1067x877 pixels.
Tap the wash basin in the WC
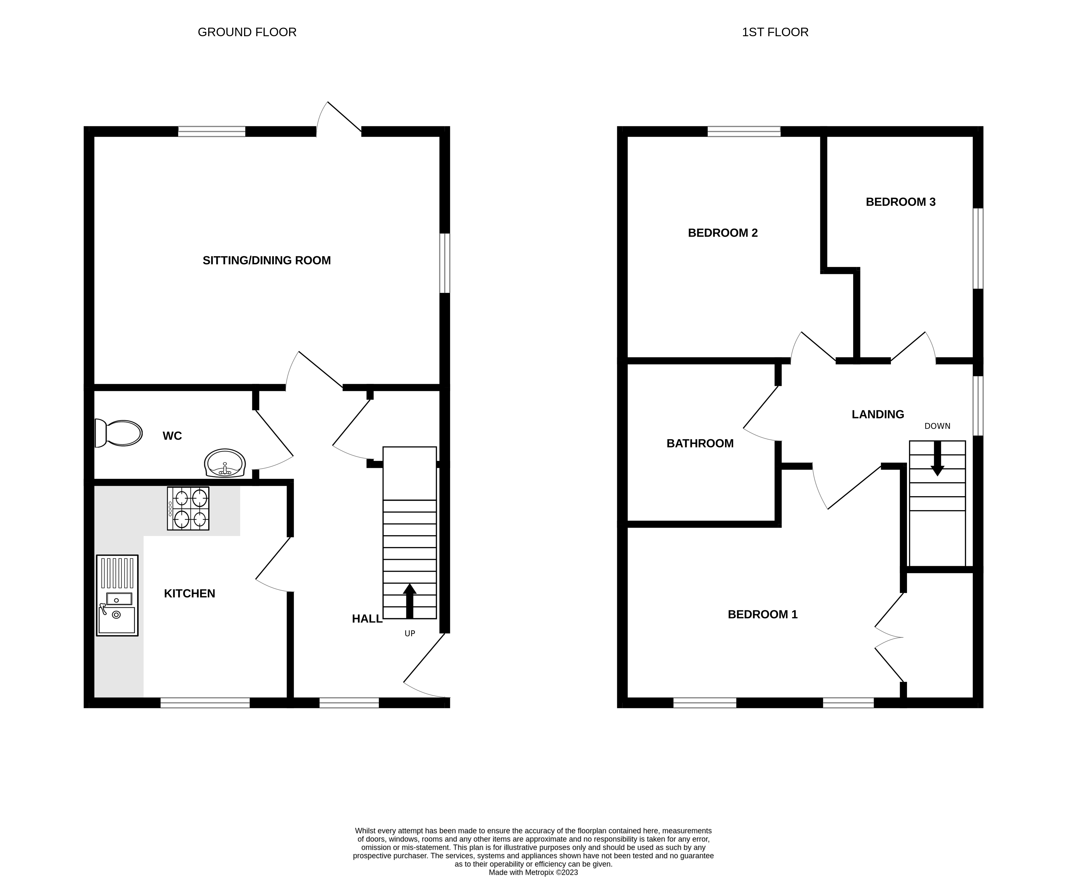[225, 463]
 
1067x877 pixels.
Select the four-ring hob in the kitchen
[188, 508]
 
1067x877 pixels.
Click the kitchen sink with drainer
[117, 595]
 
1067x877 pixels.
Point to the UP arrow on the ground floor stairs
[409, 601]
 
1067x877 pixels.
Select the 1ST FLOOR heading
[775, 32]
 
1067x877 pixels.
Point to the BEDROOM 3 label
[900, 202]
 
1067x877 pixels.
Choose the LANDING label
[877, 415]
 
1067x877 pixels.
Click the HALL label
[367, 619]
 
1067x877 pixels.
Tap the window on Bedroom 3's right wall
[978, 249]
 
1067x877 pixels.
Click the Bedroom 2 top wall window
[744, 132]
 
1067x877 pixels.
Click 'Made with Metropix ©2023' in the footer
[533, 872]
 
